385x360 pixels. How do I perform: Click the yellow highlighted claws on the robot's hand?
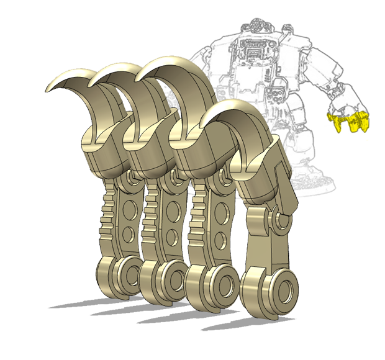tap(349, 122)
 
